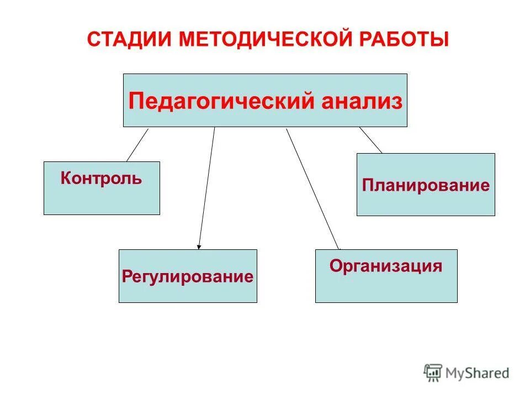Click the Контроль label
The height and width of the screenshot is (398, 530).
(101, 179)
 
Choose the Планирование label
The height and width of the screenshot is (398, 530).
(426, 185)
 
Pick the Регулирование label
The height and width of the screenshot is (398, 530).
(188, 276)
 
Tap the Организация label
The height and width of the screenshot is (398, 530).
(386, 266)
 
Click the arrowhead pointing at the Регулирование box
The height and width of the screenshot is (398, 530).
(199, 247)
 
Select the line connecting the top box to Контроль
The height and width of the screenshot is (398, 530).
(137, 144)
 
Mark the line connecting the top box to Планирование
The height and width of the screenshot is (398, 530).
(370, 140)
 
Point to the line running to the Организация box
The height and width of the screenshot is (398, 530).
(312, 188)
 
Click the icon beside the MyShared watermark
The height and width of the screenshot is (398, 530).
(433, 372)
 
